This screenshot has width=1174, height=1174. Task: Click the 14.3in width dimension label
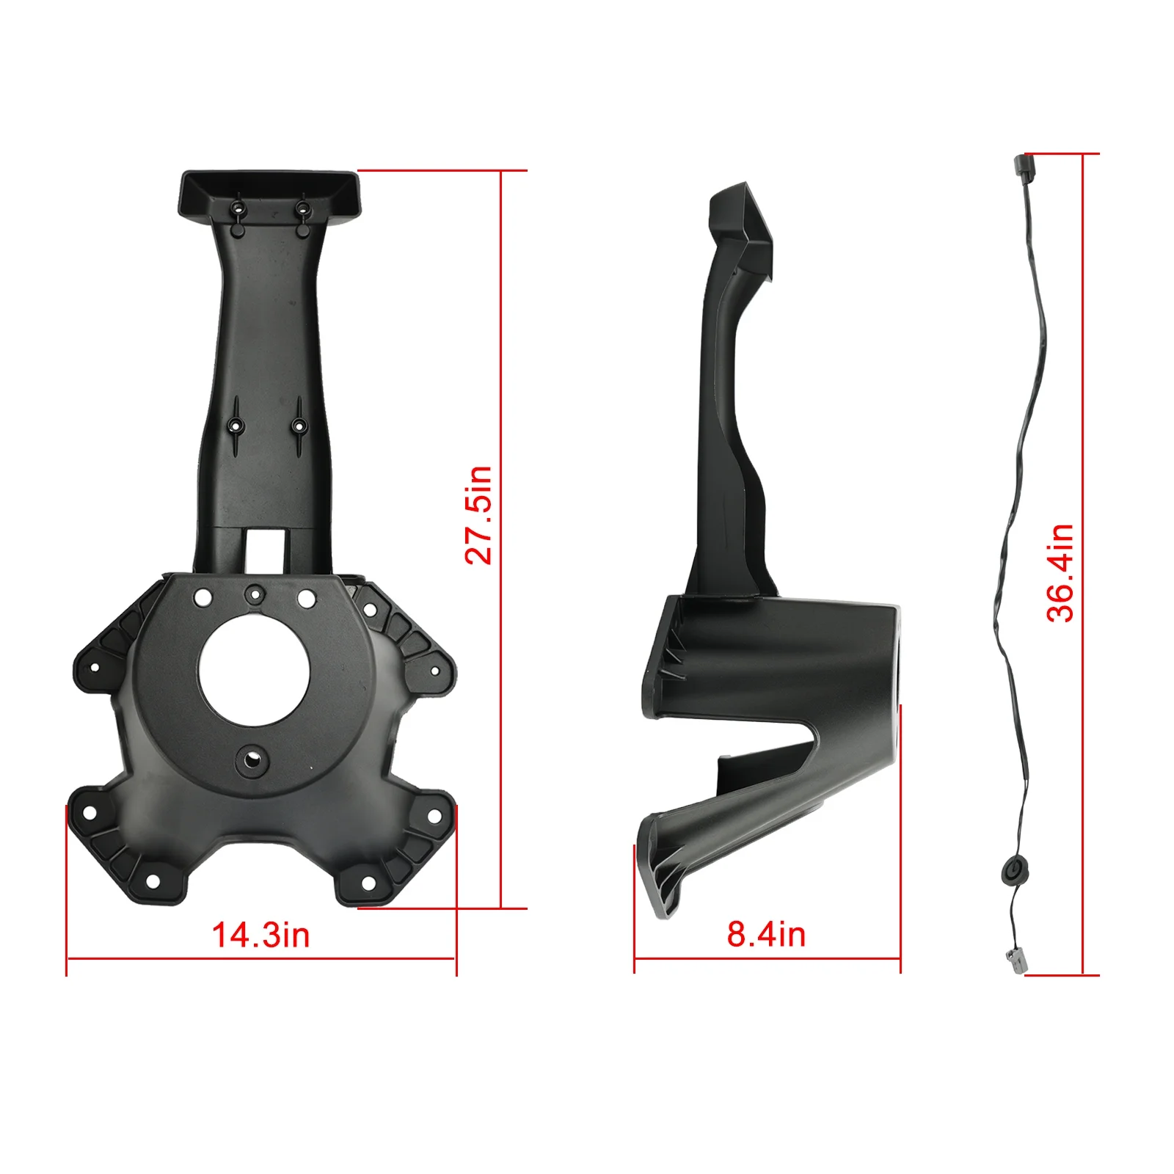260,936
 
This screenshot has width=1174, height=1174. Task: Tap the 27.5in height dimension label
478,515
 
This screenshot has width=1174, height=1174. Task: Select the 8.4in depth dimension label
766,934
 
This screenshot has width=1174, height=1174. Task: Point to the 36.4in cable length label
1060,573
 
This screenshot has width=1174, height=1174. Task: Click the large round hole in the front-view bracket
254,671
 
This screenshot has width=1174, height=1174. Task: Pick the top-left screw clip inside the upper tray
238,209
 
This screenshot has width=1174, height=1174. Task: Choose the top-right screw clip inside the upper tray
302,208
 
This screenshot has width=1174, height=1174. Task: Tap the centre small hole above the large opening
254,594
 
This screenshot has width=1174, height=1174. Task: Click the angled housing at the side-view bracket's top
741,224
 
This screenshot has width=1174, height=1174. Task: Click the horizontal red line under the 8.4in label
767,958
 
